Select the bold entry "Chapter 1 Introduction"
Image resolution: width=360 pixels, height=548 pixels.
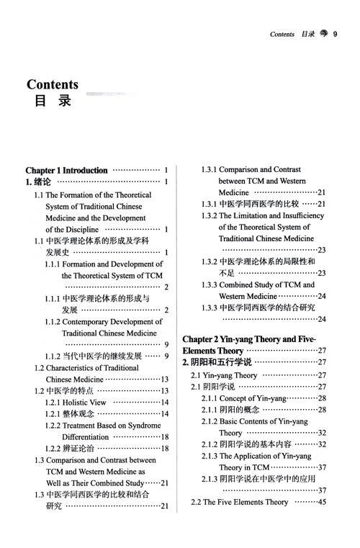pyautogui.click(x=66, y=171)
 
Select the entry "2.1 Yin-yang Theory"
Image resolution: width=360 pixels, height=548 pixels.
pyautogui.click(x=224, y=375)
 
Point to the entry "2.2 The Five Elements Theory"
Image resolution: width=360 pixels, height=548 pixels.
pyautogui.click(x=240, y=502)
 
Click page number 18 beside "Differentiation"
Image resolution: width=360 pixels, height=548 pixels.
pyautogui.click(x=164, y=436)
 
